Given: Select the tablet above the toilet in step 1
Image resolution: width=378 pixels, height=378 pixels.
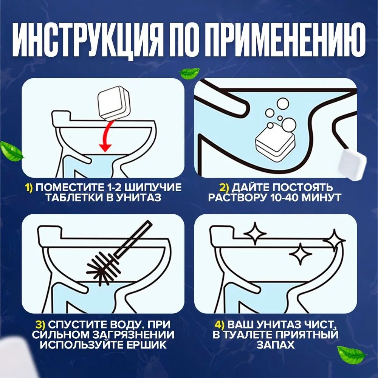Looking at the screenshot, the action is tap(113, 103).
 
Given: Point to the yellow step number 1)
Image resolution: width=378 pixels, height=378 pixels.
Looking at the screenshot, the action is tap(29, 187).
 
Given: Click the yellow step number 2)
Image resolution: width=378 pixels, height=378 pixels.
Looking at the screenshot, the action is tap(224, 187).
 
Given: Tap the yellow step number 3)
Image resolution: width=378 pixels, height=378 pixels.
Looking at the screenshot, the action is tap(40, 325).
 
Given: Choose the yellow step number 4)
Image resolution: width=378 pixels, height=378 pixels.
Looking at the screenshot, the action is tap(219, 325).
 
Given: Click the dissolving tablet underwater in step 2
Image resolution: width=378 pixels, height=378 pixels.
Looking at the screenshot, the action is tap(275, 143).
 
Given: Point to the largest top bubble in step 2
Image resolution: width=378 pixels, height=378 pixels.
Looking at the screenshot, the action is tap(283, 104).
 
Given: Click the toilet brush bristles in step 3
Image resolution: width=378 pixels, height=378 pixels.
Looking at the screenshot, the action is tap(102, 267).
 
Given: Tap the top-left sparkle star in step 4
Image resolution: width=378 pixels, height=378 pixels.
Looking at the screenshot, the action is tap(255, 233).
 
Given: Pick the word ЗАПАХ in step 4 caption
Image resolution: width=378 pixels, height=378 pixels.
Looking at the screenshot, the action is tap(276, 345).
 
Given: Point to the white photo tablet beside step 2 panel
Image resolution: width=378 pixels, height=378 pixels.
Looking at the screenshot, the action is tap(353, 164).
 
